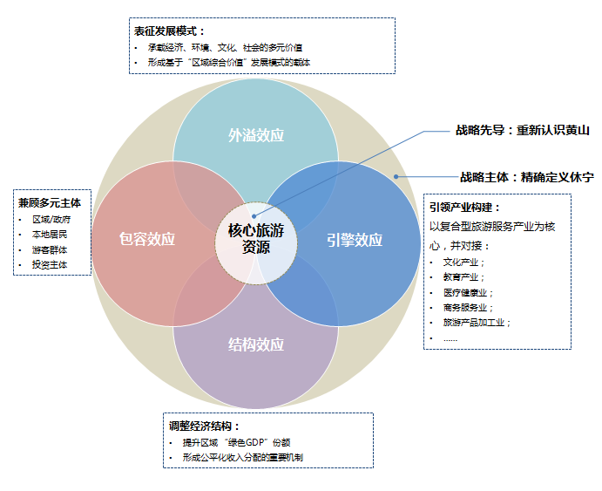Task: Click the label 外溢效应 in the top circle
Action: click(256, 135)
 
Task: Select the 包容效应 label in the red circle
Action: click(147, 239)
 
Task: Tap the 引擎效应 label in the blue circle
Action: click(355, 240)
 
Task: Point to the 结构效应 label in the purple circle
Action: click(256, 344)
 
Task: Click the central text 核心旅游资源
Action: click(256, 239)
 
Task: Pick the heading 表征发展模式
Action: click(169, 31)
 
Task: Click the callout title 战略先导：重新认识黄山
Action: click(523, 130)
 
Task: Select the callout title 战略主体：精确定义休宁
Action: click(527, 177)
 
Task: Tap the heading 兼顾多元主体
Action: click(50, 203)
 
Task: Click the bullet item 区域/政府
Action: click(51, 220)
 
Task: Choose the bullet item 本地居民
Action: click(50, 235)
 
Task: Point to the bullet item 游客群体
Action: click(50, 250)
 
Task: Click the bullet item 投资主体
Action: click(50, 265)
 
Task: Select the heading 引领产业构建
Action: click(465, 208)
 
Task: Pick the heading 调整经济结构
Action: click(204, 426)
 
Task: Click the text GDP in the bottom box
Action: click(255, 442)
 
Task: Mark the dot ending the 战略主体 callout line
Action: click(396, 177)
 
